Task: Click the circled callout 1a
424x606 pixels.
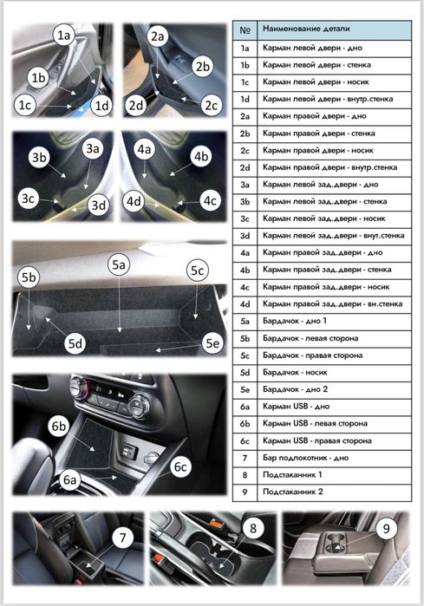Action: (x=64, y=36)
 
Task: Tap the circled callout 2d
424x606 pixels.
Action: (x=136, y=105)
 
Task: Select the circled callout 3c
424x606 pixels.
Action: (x=29, y=199)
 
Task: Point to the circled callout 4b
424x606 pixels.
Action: (x=201, y=156)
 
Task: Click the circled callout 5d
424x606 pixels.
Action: (x=75, y=343)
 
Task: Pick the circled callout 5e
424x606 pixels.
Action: (x=212, y=342)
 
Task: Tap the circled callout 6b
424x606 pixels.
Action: (x=59, y=426)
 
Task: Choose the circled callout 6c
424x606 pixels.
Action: (x=180, y=466)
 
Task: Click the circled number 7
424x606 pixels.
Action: (x=122, y=538)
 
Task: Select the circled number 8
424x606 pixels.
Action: (x=253, y=528)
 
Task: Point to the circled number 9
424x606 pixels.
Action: (x=386, y=528)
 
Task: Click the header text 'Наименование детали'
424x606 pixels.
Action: (x=306, y=29)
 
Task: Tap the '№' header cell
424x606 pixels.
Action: (x=245, y=30)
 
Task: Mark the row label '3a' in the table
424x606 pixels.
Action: (x=245, y=185)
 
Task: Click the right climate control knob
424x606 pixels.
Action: (x=139, y=406)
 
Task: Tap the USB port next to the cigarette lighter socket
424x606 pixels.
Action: (x=128, y=451)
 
